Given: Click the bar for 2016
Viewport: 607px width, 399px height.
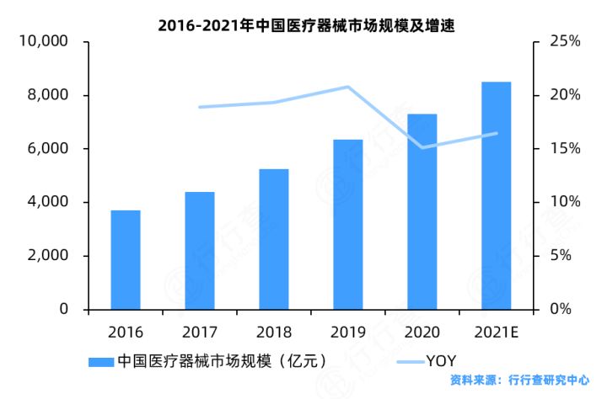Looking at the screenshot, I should click(x=126, y=260).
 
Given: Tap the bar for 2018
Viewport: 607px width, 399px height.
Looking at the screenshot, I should click(x=274, y=239).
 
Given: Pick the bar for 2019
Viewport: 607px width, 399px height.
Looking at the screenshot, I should click(x=348, y=225).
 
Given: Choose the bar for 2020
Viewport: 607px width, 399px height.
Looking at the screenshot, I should click(x=422, y=211).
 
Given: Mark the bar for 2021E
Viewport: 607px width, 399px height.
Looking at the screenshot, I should click(x=497, y=195).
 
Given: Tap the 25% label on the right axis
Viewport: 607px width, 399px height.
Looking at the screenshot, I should click(x=564, y=41).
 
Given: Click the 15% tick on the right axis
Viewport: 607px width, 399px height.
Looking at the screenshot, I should click(x=564, y=149).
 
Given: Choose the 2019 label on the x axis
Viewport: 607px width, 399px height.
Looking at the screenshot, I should click(x=347, y=332).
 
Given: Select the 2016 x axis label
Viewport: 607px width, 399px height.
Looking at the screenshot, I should click(x=126, y=332).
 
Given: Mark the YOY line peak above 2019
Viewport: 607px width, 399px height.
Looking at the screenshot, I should click(x=347, y=87).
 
